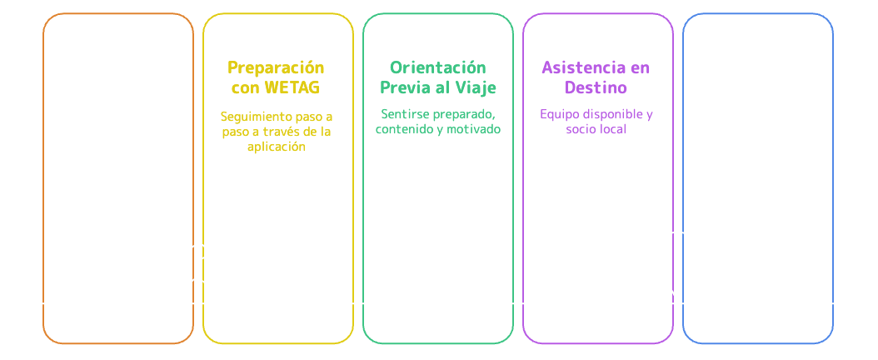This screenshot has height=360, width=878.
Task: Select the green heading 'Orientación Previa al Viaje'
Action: point(437,77)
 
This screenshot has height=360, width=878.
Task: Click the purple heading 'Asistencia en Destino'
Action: point(596,77)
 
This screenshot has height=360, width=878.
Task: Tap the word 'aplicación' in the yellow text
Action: point(277,146)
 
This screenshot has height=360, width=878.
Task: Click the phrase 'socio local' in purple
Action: point(596,129)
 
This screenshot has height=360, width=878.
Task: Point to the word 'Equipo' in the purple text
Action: point(557,113)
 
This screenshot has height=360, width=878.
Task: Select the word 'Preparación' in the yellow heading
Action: point(277,67)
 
